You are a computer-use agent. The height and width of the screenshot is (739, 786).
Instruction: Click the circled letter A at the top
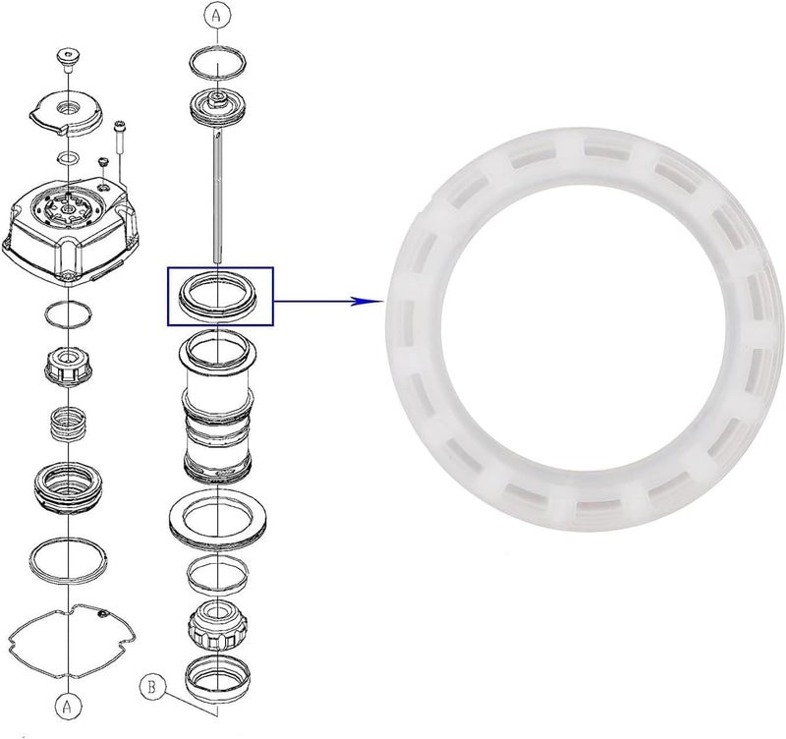click(217, 16)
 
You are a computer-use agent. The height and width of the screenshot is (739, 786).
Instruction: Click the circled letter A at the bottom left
click(68, 707)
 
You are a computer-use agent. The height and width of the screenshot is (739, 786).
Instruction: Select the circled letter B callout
click(152, 687)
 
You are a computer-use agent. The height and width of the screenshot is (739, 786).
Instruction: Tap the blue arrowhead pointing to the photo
click(361, 302)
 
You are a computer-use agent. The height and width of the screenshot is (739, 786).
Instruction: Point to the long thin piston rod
click(218, 197)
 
